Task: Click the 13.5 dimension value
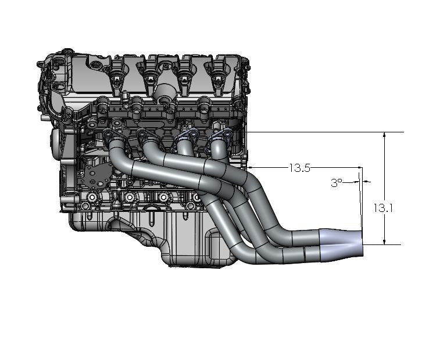[x=299, y=168]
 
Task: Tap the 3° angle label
[x=337, y=183]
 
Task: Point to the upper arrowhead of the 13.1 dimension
[x=385, y=136]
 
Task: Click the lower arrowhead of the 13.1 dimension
[x=385, y=241]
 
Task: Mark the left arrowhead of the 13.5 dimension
[x=251, y=167]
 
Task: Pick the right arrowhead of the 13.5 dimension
[x=359, y=167]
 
